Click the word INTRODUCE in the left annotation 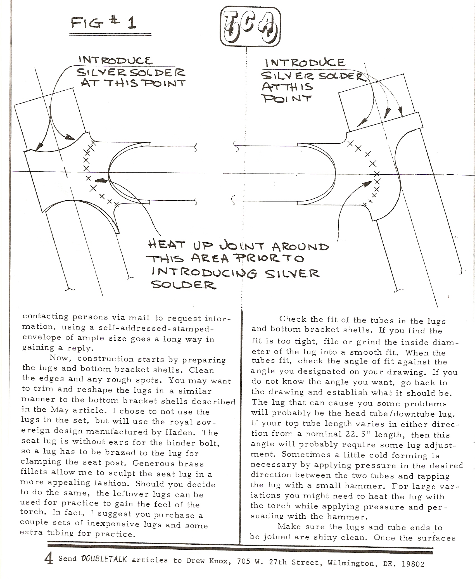pos(116,60)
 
